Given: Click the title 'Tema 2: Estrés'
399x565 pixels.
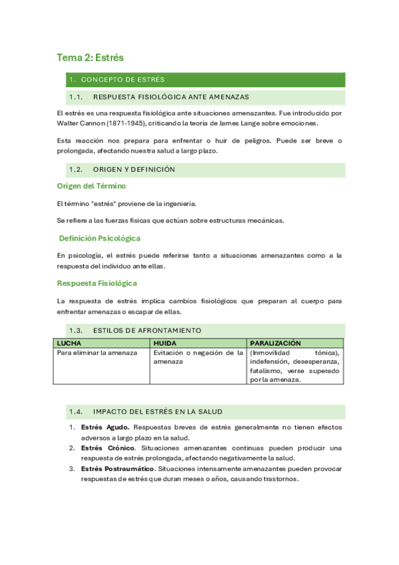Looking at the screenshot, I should pyautogui.click(x=91, y=58).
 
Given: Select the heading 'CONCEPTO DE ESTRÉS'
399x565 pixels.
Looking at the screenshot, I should pyautogui.click(x=123, y=80).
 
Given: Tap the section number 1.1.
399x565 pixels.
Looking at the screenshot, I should pyautogui.click(x=75, y=97).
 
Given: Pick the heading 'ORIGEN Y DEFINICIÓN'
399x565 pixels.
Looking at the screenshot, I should pyautogui.click(x=134, y=169).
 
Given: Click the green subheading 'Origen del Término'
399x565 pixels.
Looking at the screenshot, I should pyautogui.click(x=91, y=186).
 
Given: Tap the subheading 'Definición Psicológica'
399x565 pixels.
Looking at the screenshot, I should pyautogui.click(x=99, y=238).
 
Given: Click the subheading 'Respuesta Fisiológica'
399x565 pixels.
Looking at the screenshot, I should pyautogui.click(x=97, y=283).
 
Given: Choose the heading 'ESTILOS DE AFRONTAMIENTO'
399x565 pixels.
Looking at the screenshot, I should pyautogui.click(x=147, y=330).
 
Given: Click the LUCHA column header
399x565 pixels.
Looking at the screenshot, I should pyautogui.click(x=69, y=342).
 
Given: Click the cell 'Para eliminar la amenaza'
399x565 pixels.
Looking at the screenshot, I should pyautogui.click(x=97, y=352).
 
